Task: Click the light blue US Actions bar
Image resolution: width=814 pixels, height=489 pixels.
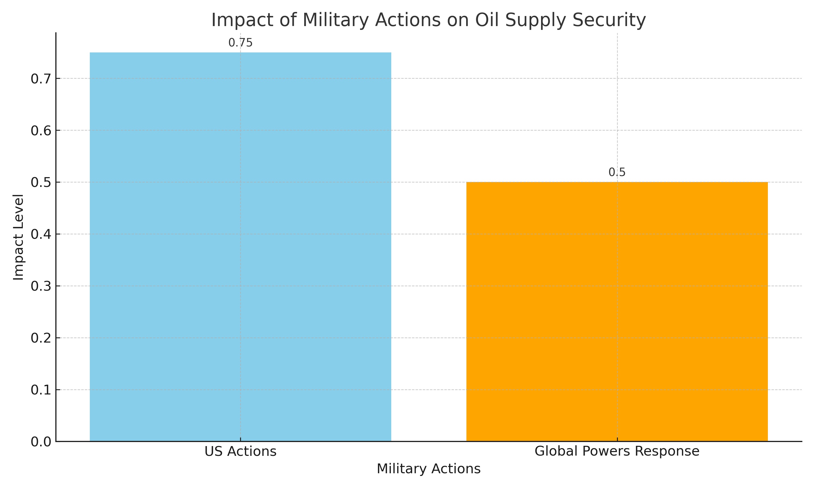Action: pos(240,247)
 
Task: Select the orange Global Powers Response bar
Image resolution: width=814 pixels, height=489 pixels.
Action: pos(617,312)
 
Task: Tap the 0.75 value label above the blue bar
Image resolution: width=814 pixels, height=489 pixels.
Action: pos(240,43)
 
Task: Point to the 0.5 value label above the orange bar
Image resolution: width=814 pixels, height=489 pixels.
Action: pos(617,172)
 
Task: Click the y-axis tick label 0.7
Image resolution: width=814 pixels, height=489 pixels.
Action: pos(41,79)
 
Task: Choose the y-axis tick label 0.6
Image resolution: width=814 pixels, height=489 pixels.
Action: pos(41,131)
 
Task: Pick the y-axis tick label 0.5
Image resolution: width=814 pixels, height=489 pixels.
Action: pos(41,183)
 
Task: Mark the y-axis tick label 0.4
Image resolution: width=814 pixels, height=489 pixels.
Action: pos(41,235)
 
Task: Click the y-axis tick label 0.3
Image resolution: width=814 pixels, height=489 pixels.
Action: pos(41,286)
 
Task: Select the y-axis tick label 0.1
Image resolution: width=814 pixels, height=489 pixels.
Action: pos(41,390)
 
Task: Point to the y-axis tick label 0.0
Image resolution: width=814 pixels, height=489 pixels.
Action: pos(41,442)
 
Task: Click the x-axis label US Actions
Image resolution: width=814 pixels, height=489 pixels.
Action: pos(240,452)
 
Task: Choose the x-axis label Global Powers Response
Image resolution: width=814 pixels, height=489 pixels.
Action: pos(617,452)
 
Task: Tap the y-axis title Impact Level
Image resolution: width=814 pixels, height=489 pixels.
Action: pos(18,237)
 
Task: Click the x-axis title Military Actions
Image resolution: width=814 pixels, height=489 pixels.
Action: pos(429,469)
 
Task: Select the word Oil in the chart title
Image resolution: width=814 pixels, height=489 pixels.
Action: pos(487,20)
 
